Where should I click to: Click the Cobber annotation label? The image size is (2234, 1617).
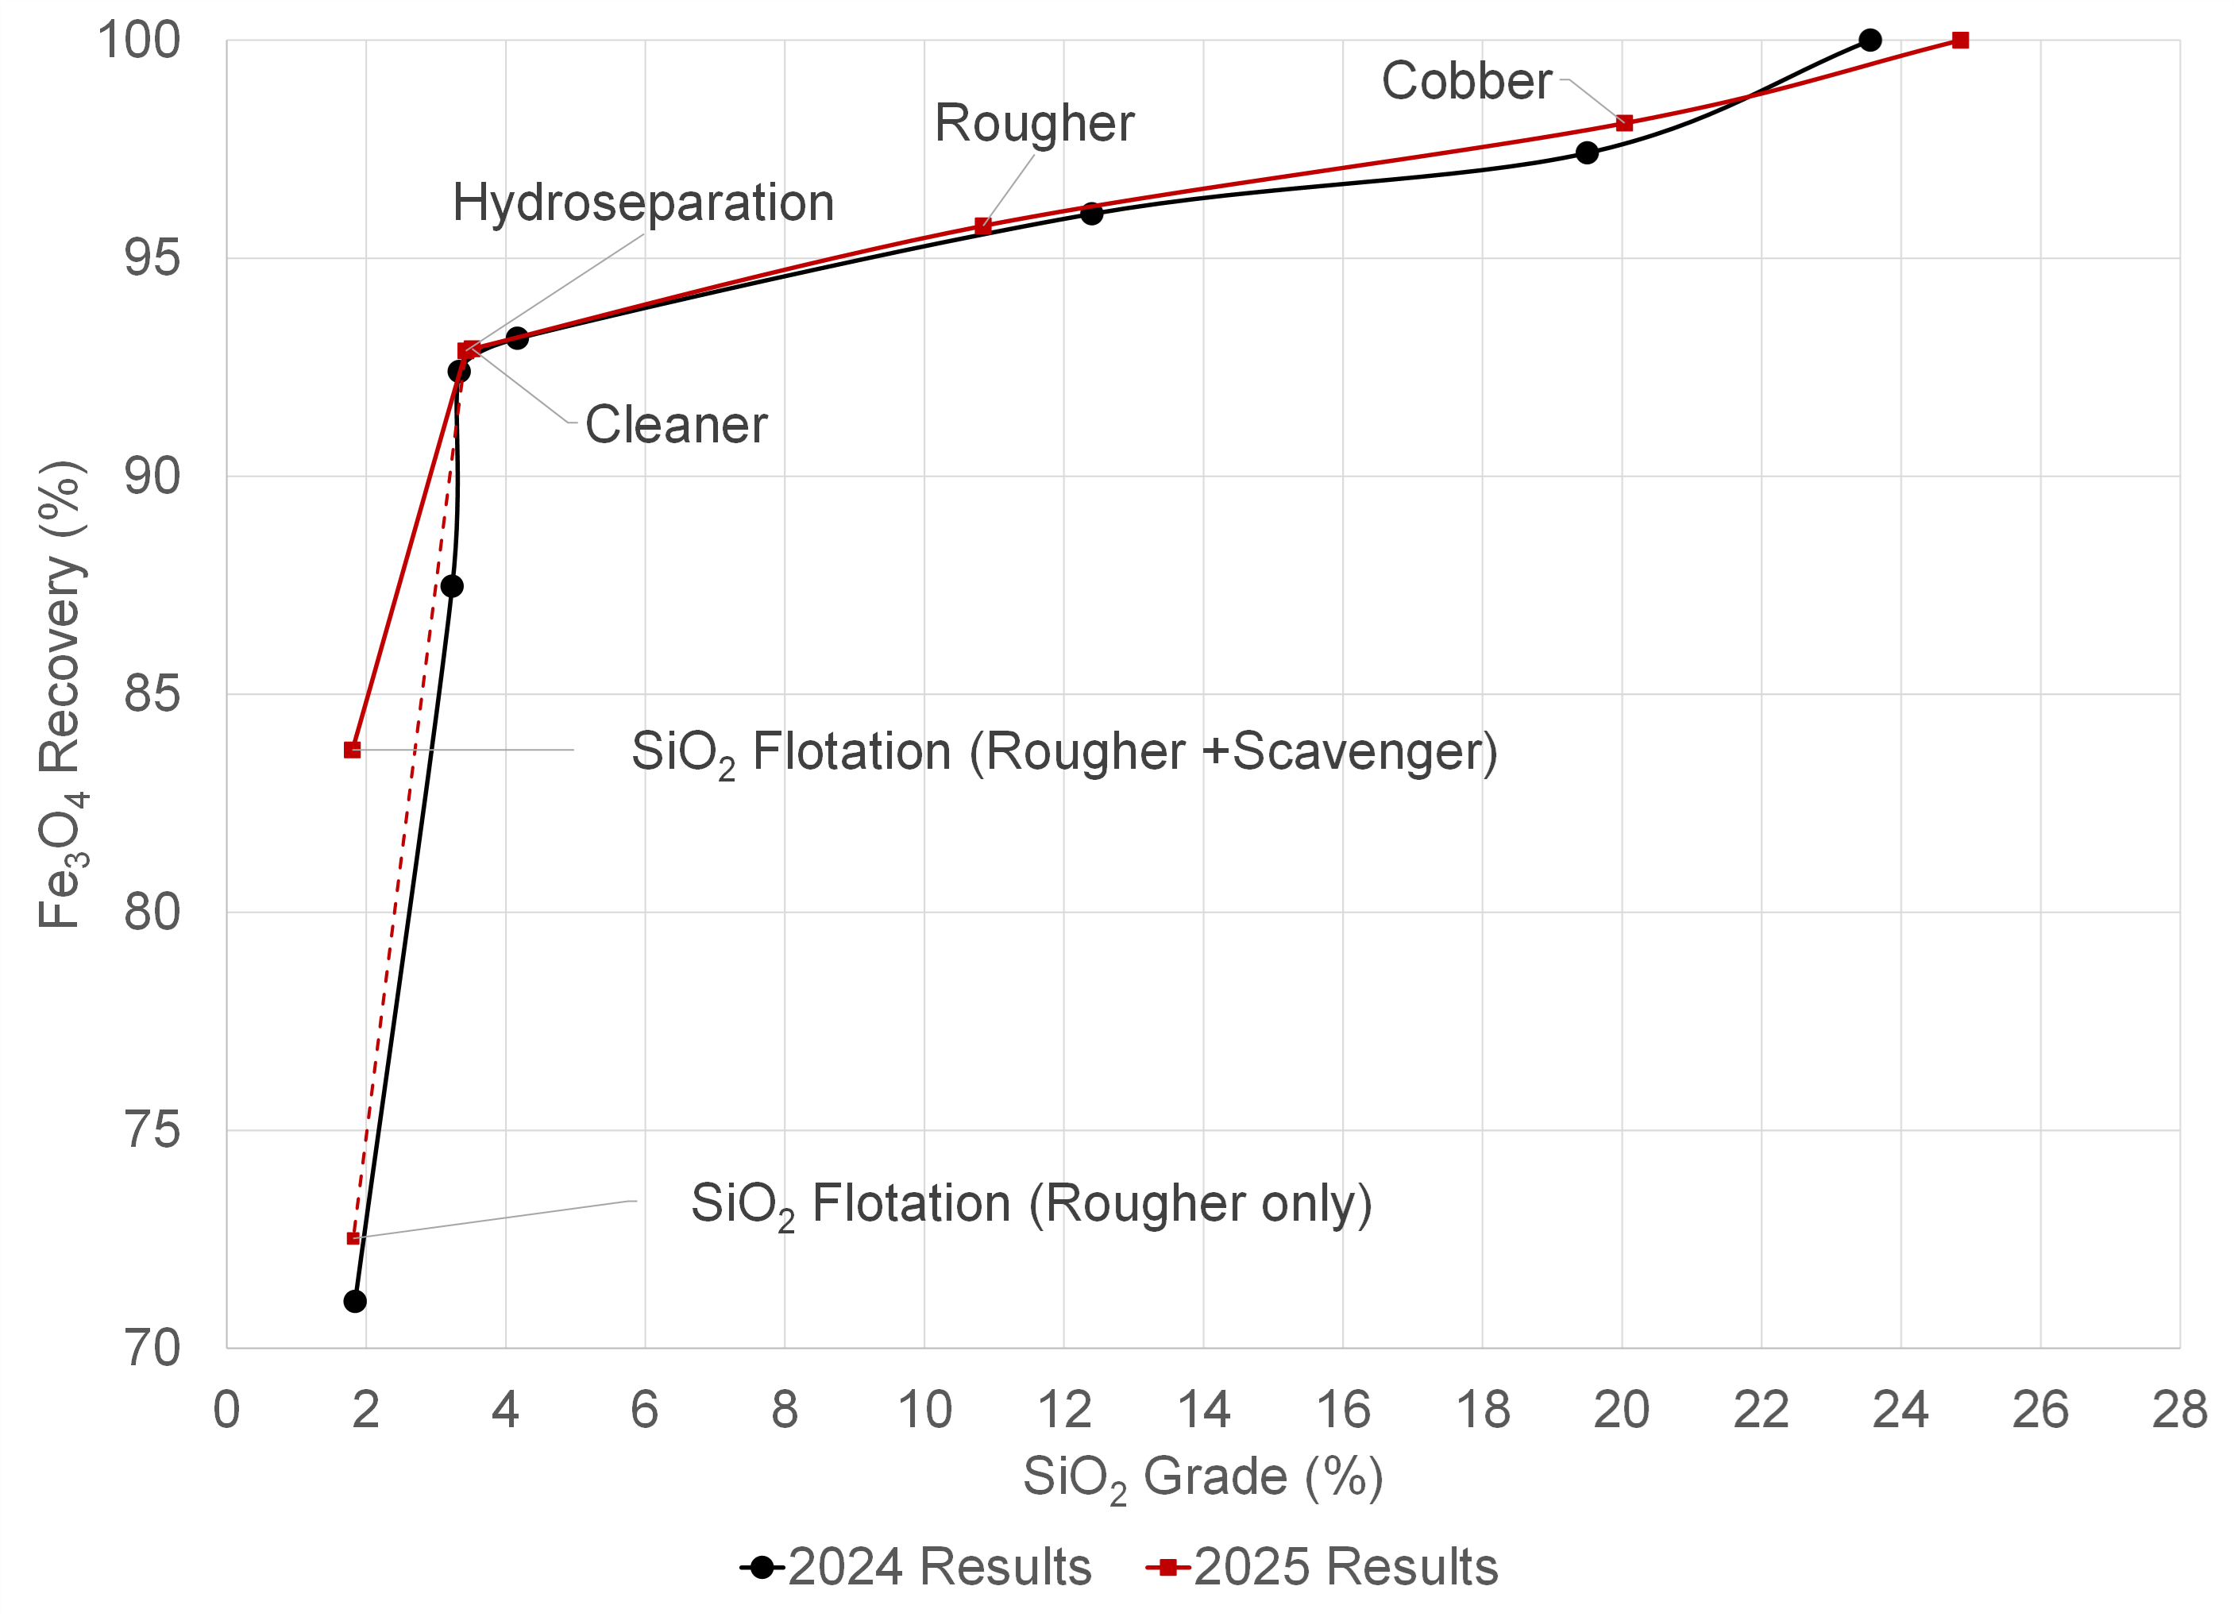point(1466,81)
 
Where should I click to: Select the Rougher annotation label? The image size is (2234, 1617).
point(1033,123)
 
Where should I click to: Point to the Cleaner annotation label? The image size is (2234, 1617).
point(676,426)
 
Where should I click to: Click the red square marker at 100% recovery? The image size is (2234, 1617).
point(1960,41)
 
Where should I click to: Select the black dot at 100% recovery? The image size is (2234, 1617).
point(1869,41)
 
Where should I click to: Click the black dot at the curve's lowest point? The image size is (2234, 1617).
point(355,1301)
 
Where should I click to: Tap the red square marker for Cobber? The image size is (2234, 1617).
point(1624,123)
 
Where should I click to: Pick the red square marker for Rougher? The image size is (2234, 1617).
point(982,226)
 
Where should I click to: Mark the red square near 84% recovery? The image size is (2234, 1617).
point(352,750)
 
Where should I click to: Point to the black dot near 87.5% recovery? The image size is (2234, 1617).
point(451,586)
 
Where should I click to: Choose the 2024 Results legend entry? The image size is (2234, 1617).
point(916,1566)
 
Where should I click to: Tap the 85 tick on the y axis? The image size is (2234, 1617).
point(152,694)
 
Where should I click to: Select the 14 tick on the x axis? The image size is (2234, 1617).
point(1202,1411)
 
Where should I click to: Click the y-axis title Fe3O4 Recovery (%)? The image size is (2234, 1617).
point(61,694)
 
